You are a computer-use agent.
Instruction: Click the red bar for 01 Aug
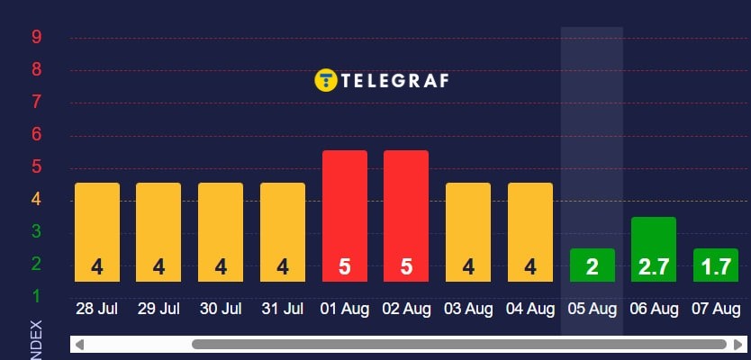[345, 216]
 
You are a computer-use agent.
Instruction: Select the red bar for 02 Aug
[406, 216]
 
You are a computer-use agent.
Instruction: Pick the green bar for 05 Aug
[592, 265]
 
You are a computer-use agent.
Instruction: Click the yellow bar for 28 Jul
[97, 232]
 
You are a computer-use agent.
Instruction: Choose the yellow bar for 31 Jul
[283, 232]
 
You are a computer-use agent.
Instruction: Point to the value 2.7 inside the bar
[654, 267]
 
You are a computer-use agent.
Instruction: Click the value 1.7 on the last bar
[716, 267]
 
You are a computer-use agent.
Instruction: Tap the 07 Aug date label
[716, 309]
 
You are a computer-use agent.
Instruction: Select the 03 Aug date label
[468, 309]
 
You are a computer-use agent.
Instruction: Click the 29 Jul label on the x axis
[158, 309]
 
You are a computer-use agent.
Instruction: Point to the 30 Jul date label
[221, 309]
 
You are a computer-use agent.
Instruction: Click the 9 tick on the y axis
[36, 38]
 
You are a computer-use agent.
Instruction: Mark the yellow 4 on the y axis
[36, 199]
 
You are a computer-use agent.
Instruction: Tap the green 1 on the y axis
[36, 296]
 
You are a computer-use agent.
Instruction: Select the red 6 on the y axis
[36, 134]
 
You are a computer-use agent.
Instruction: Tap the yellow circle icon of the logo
[325, 80]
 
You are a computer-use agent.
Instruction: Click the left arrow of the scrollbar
[79, 344]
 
